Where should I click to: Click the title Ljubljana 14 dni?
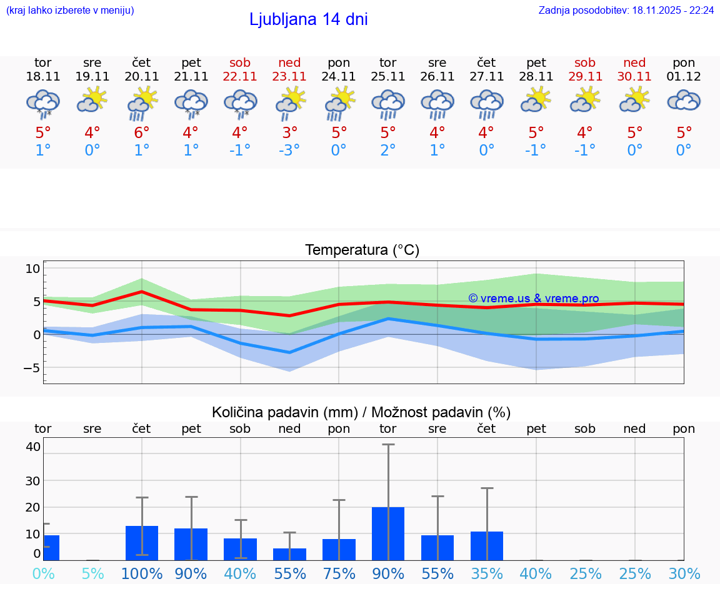[308, 19]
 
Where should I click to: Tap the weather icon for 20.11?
[142, 102]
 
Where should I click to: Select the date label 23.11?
[289, 77]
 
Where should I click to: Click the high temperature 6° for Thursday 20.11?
[142, 132]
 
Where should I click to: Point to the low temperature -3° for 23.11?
[289, 150]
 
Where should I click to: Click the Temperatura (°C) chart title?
[362, 250]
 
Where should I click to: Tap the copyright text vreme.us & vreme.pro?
[534, 299]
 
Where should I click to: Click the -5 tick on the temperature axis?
[32, 367]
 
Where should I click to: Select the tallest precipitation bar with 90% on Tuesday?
[388, 533]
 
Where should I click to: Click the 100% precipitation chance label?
[142, 573]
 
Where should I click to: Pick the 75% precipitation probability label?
[339, 573]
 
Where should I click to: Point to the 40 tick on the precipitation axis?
[33, 447]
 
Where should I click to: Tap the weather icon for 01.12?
[684, 101]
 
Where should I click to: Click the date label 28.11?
[536, 77]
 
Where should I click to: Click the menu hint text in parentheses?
[70, 11]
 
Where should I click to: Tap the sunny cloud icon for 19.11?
[92, 101]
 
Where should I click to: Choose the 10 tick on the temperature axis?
[32, 269]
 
